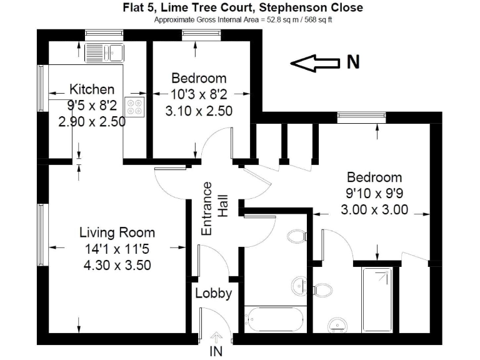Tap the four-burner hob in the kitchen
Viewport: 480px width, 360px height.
134,105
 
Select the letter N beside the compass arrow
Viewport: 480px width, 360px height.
353,62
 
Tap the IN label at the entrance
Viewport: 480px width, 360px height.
216,351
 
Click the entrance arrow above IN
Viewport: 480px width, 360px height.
216,337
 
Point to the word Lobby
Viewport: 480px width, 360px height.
214,293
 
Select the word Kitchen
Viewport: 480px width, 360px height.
92,89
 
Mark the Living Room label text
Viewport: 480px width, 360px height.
117,233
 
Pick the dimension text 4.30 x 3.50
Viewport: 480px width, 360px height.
117,264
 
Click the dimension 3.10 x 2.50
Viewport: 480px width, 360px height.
199,111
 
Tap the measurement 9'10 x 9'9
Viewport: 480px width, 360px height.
374,193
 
